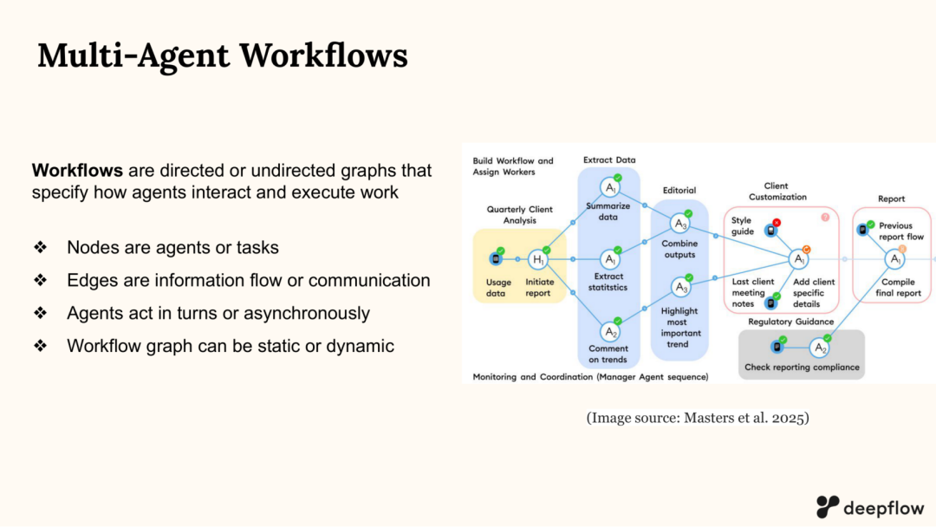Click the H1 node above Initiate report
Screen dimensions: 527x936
pyautogui.click(x=538, y=259)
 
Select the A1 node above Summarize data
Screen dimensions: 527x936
pyautogui.click(x=611, y=187)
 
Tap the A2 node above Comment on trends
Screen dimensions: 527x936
pyautogui.click(x=611, y=332)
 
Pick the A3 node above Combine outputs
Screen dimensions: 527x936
pyautogui.click(x=680, y=224)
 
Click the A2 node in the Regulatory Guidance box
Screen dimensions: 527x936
pyautogui.click(x=820, y=348)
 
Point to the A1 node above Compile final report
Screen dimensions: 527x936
pyautogui.click(x=894, y=259)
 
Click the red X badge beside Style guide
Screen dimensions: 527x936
pyautogui.click(x=777, y=223)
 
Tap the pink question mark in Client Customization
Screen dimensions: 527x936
pyautogui.click(x=825, y=217)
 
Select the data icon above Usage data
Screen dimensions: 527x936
pyautogui.click(x=496, y=258)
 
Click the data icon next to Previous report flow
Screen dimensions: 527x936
pyautogui.click(x=863, y=231)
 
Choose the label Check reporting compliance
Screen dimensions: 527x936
pyautogui.click(x=802, y=368)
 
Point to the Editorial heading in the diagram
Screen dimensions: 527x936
pyautogui.click(x=679, y=191)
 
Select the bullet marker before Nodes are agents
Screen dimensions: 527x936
pyautogui.click(x=40, y=248)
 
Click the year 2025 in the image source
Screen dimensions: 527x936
pyautogui.click(x=785, y=418)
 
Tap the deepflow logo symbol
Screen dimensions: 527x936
pyautogui.click(x=828, y=506)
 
